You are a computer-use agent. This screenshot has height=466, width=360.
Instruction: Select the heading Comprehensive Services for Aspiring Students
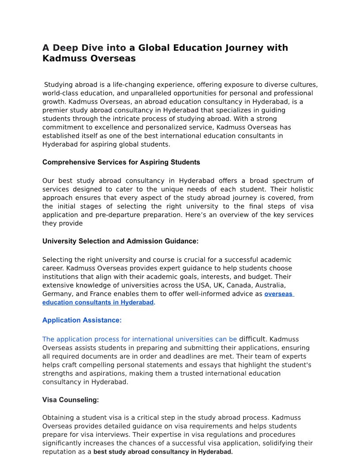coord(121,162)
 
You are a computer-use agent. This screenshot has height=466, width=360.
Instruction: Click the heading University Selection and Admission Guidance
coord(120,241)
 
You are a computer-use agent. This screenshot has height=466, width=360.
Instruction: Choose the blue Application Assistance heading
coord(82,320)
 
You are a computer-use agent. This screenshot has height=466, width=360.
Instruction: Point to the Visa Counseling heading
coord(71,400)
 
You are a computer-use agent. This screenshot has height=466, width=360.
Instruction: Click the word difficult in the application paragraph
coord(253,339)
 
